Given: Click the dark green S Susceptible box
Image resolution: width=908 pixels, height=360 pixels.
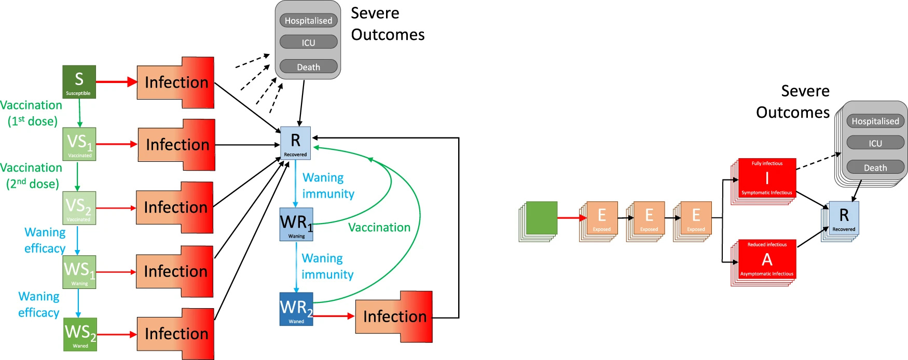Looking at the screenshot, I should [x=79, y=82].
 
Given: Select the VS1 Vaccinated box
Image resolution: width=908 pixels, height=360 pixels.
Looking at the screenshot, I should [x=79, y=144].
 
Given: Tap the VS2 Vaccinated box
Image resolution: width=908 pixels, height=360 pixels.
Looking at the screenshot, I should [x=79, y=208].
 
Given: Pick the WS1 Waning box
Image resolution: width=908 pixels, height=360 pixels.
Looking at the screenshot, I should [x=79, y=272].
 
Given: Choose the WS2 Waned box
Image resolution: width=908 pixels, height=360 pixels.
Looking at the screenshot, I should [x=80, y=335].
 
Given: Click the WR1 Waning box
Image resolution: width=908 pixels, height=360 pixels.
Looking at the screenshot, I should [x=296, y=224].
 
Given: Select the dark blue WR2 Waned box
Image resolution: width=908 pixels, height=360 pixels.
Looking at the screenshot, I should [x=296, y=309].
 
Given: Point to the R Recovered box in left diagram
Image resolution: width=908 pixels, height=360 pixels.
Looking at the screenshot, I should [x=295, y=142].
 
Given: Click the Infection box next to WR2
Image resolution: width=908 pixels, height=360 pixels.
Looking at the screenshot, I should [x=394, y=316].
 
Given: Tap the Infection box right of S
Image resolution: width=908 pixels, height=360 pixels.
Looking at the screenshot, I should [x=175, y=82].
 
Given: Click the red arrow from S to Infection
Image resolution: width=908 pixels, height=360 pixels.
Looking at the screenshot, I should [x=116, y=82].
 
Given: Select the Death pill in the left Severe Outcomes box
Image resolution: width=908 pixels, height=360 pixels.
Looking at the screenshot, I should [x=308, y=67].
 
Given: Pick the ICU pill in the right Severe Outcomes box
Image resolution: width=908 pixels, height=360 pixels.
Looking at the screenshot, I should [x=875, y=143].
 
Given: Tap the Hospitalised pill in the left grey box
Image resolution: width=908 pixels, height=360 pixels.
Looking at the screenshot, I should [x=308, y=21].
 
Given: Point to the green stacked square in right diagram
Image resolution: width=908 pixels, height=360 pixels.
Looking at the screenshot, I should [x=541, y=218].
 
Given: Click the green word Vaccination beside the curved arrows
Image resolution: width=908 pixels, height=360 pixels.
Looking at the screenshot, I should [x=379, y=227].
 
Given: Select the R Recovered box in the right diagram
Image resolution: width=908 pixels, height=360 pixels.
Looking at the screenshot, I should [x=844, y=218].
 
